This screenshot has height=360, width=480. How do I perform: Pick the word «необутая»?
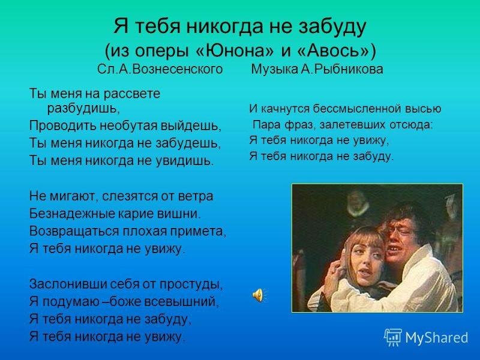[x=130, y=127]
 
